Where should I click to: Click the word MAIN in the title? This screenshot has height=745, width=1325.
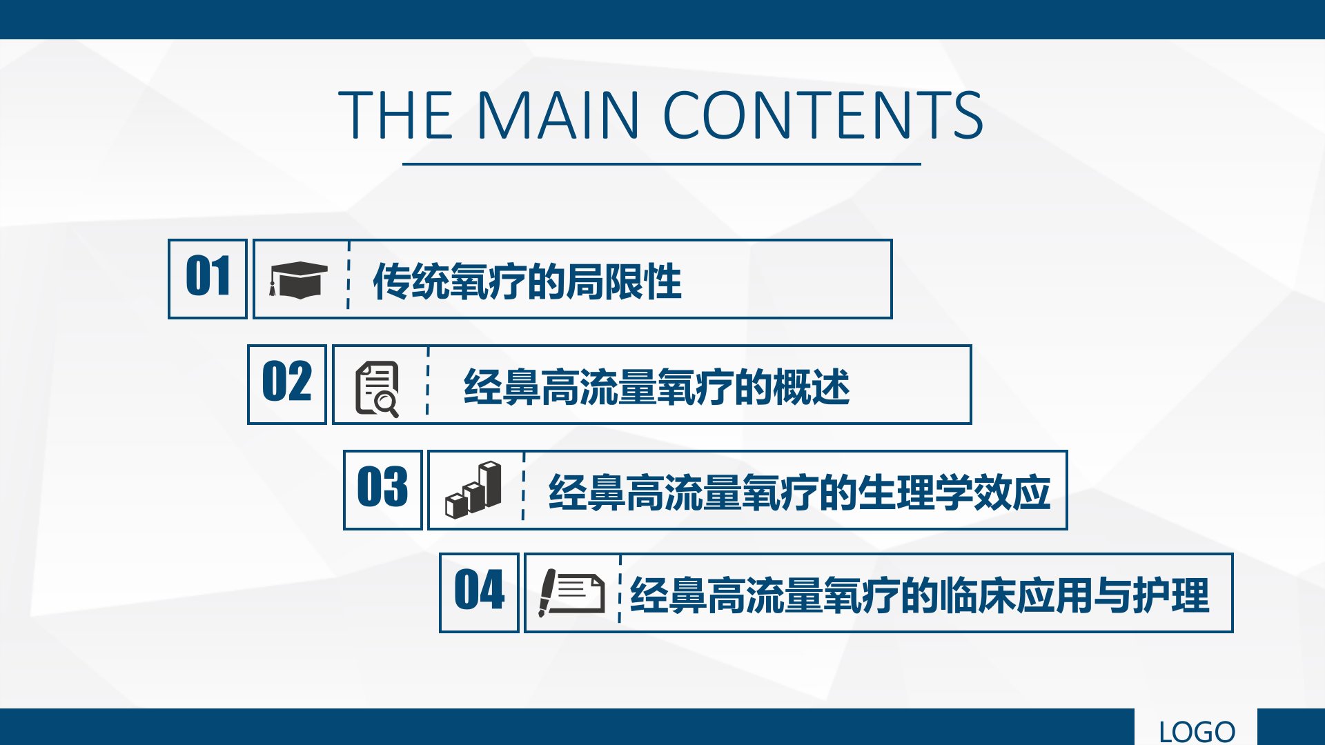(558, 115)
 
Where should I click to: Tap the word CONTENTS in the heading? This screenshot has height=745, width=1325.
(823, 115)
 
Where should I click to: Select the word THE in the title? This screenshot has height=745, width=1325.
(395, 115)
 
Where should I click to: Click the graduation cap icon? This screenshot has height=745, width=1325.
(298, 280)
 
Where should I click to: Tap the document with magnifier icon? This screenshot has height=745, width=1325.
(377, 389)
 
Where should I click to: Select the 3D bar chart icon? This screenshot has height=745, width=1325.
(473, 490)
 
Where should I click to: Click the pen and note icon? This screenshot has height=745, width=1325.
(571, 592)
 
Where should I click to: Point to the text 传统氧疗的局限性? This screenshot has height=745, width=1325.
(527, 281)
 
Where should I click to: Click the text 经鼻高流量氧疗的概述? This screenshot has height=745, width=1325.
(657, 387)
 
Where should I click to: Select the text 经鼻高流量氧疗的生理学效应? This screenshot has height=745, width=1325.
(800, 493)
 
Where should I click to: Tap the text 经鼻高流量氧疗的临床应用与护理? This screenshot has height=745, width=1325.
(920, 595)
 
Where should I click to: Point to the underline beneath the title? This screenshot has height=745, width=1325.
(662, 164)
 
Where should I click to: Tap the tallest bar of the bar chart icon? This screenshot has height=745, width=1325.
(491, 484)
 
